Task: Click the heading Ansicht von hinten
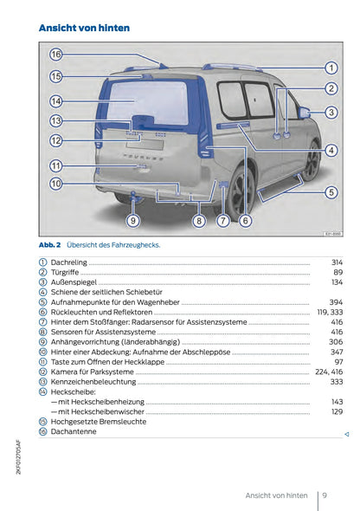[85, 28]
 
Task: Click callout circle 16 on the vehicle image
[56, 54]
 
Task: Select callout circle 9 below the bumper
[132, 221]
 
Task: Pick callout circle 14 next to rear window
[56, 101]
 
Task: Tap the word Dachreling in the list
[70, 262]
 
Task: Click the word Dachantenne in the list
[74, 431]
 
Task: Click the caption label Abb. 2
[49, 244]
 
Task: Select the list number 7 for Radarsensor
[43, 322]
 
